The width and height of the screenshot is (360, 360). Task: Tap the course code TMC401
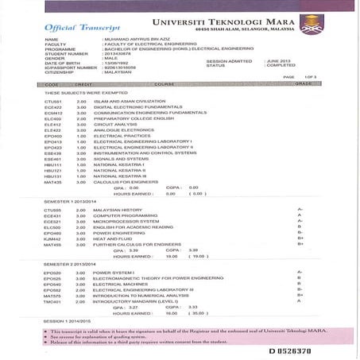(x=53, y=301)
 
